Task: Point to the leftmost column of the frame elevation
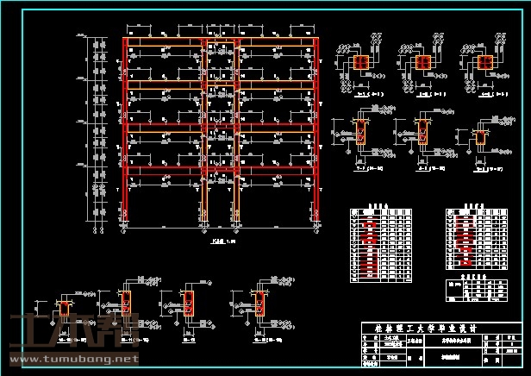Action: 125,129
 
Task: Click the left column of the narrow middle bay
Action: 204,129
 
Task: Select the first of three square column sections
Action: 361,62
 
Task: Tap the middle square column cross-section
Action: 422,62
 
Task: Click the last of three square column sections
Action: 484,62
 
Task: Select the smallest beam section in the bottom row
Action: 66,308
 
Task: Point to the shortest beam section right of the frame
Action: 480,138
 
